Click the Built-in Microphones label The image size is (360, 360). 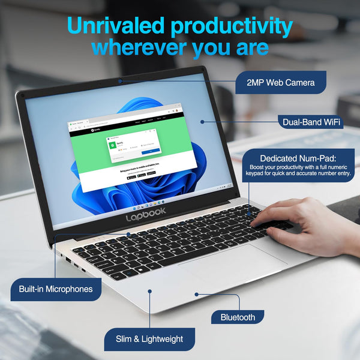[56, 289]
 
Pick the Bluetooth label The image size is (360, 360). [238, 317]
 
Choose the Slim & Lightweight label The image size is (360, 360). [149, 339]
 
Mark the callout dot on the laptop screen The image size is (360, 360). [203, 121]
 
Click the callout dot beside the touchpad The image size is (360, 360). [197, 294]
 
